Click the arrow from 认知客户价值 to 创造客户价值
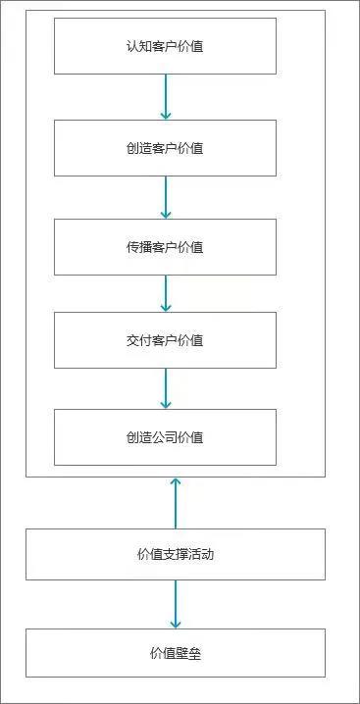click(165, 97)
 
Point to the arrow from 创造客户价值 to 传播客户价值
click(165, 197)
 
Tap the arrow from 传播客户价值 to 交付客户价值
click(165, 293)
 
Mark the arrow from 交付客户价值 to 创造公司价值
click(165, 387)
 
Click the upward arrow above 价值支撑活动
click(175, 502)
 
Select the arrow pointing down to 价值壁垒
click(175, 604)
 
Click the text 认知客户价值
click(165, 46)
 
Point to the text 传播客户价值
click(165, 247)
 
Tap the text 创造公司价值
click(165, 437)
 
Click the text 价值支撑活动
click(175, 554)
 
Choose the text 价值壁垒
click(175, 653)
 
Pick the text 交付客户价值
click(165, 340)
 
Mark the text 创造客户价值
click(165, 148)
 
